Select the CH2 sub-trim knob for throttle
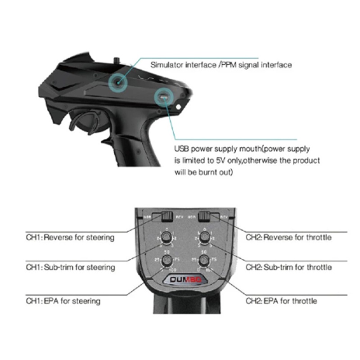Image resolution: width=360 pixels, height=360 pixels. tap(205, 238)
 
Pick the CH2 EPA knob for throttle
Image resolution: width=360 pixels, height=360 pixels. tap(205, 261)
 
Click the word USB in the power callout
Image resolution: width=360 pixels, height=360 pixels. tap(182, 148)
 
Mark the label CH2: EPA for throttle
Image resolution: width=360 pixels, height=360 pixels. tap(281, 301)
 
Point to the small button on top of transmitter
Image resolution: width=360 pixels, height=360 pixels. tap(117, 59)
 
